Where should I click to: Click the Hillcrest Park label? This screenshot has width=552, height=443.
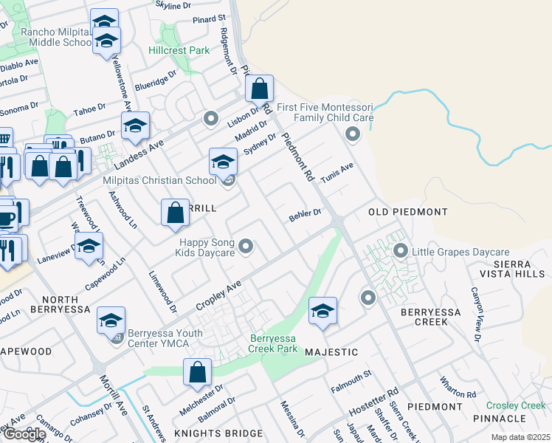coord(179,50)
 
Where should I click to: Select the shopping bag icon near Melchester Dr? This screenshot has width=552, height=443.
coord(198,374)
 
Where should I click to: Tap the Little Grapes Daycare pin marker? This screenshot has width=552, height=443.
coord(401,251)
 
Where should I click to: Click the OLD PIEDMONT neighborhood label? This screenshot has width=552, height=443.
coord(408,212)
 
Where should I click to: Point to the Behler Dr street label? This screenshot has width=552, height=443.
coord(305,215)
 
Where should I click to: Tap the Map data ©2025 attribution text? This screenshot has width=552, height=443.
coord(521,437)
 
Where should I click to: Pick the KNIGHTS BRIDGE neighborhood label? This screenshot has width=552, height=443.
coord(218,433)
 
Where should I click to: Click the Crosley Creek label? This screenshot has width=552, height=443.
coord(516,405)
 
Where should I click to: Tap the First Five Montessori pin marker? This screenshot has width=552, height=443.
coord(352,134)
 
